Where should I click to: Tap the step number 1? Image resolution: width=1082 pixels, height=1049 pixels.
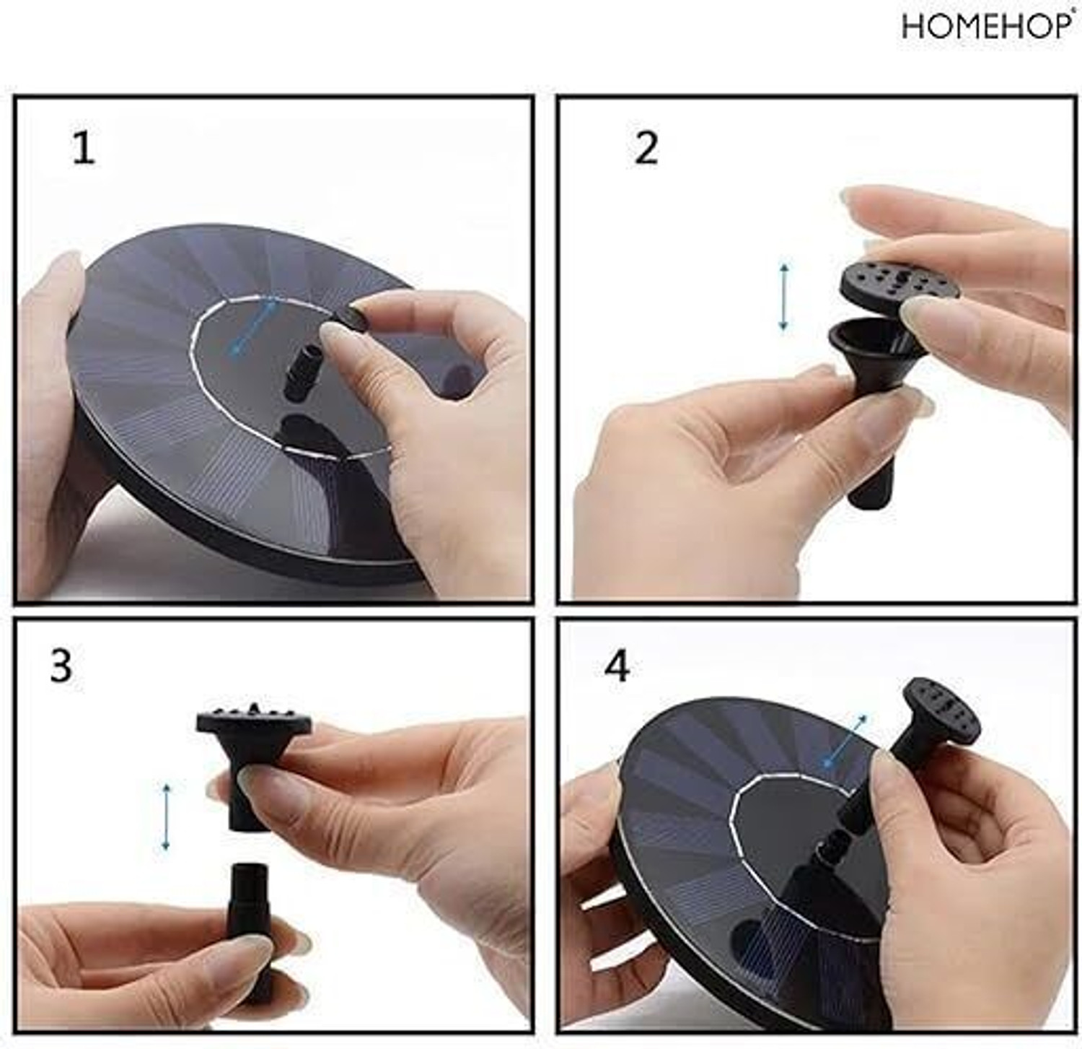[84, 148]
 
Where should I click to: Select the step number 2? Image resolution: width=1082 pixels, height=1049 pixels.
[646, 148]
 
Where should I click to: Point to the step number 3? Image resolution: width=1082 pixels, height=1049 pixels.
[61, 666]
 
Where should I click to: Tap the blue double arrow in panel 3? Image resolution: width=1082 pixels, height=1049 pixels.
[166, 817]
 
